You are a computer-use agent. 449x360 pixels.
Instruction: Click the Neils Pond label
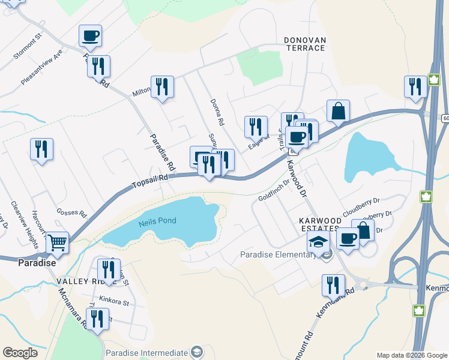pos(157,221)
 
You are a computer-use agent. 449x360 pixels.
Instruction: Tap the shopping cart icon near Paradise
pos(58,243)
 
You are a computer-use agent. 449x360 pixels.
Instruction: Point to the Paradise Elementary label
pos(278,254)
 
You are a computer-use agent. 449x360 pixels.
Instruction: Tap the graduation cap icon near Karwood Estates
pos(319,242)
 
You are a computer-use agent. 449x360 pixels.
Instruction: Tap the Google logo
pos(20,353)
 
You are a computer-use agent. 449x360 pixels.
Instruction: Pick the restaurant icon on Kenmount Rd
pos(333,286)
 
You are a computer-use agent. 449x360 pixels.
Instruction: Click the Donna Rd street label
pos(217,112)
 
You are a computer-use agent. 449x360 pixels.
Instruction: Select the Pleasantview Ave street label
pos(41,68)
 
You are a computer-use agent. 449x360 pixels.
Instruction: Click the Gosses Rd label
pos(71,212)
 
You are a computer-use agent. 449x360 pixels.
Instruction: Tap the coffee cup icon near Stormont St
pos(90,36)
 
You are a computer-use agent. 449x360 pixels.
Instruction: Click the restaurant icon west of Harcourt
pos(41,149)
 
